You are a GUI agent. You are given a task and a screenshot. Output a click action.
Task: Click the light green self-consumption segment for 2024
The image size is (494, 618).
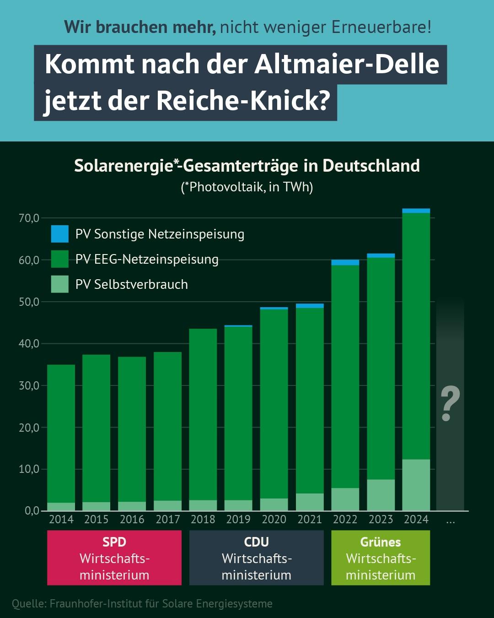(416, 485)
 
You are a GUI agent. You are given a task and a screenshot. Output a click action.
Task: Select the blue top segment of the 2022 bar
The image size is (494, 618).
(345, 262)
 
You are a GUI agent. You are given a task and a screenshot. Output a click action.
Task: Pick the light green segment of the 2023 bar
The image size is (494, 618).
(381, 495)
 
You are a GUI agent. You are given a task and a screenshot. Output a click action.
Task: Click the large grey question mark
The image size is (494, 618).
(450, 403)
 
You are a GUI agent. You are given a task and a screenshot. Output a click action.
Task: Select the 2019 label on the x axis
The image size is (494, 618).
(238, 520)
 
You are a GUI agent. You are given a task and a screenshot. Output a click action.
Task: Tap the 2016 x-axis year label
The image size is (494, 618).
(132, 520)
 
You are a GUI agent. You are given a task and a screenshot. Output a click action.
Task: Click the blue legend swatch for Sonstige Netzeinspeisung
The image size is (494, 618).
(59, 234)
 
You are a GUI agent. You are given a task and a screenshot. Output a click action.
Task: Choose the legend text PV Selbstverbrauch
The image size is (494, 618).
(132, 284)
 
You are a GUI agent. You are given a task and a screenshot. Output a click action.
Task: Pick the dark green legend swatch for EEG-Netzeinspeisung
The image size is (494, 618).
(59, 259)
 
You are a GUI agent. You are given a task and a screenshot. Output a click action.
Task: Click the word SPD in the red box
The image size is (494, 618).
(114, 542)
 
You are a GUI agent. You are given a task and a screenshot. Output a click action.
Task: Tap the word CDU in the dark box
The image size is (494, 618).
(257, 542)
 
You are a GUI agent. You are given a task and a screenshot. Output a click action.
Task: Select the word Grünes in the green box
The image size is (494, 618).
(381, 542)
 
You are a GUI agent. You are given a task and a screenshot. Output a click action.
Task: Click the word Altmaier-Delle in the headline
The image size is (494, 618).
(347, 64)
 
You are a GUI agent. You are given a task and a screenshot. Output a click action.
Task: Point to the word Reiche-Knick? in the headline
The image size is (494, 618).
(243, 100)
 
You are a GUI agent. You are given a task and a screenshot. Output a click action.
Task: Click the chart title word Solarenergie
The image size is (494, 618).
(123, 166)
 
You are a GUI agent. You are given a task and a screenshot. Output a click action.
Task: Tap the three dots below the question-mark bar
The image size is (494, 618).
(451, 521)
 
